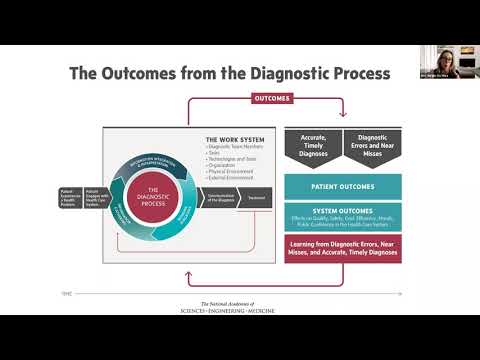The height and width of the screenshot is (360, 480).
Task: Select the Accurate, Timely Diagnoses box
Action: tap(307, 147)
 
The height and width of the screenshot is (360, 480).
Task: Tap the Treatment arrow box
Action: tap(256, 197)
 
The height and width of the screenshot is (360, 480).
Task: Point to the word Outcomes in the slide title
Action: tap(154, 74)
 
